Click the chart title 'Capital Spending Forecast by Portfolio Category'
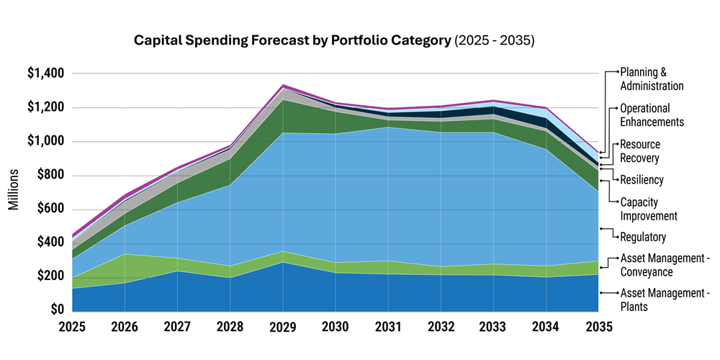292,40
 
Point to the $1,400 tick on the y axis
46,73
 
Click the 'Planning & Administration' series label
652,79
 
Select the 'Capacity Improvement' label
649,209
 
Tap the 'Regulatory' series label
643,237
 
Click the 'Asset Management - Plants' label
665,300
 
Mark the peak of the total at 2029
283,85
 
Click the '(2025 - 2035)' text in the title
494,40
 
